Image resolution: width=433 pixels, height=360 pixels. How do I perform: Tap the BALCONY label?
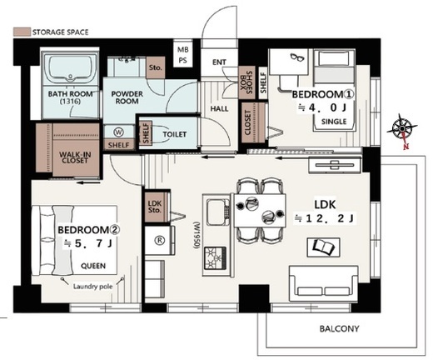(x=339, y=329)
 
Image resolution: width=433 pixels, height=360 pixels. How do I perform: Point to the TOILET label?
(x=175, y=134)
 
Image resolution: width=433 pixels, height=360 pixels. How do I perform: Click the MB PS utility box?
(x=183, y=55)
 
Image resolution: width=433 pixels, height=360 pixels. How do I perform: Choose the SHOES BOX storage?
(x=246, y=82)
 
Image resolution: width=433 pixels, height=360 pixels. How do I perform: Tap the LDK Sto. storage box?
(x=155, y=207)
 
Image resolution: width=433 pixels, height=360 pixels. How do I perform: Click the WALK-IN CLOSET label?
(x=75, y=157)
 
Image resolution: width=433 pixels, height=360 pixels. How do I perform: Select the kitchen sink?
(x=216, y=212)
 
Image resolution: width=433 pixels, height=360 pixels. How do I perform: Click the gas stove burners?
(x=216, y=258)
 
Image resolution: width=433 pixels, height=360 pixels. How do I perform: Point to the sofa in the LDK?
(x=323, y=283)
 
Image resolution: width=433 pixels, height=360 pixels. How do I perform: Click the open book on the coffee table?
(x=323, y=247)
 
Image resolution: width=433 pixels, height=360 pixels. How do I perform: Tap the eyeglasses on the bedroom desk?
(x=297, y=57)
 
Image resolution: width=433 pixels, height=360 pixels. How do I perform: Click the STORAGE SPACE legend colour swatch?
(x=22, y=32)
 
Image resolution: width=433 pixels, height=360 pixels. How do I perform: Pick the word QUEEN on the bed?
(x=93, y=266)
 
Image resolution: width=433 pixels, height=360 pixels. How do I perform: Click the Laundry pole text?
(x=92, y=287)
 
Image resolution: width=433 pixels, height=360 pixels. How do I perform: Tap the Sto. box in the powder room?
(x=156, y=67)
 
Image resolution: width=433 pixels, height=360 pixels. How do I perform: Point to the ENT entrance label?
(x=219, y=62)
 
